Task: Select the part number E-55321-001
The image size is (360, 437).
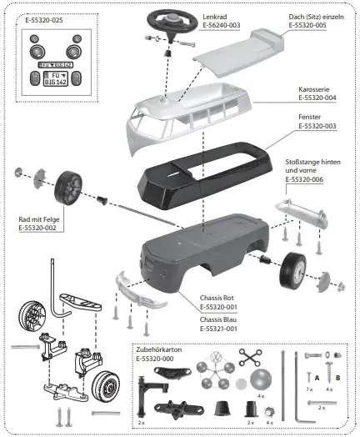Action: tap(224, 329)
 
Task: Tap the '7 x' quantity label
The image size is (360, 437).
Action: tap(309, 389)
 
